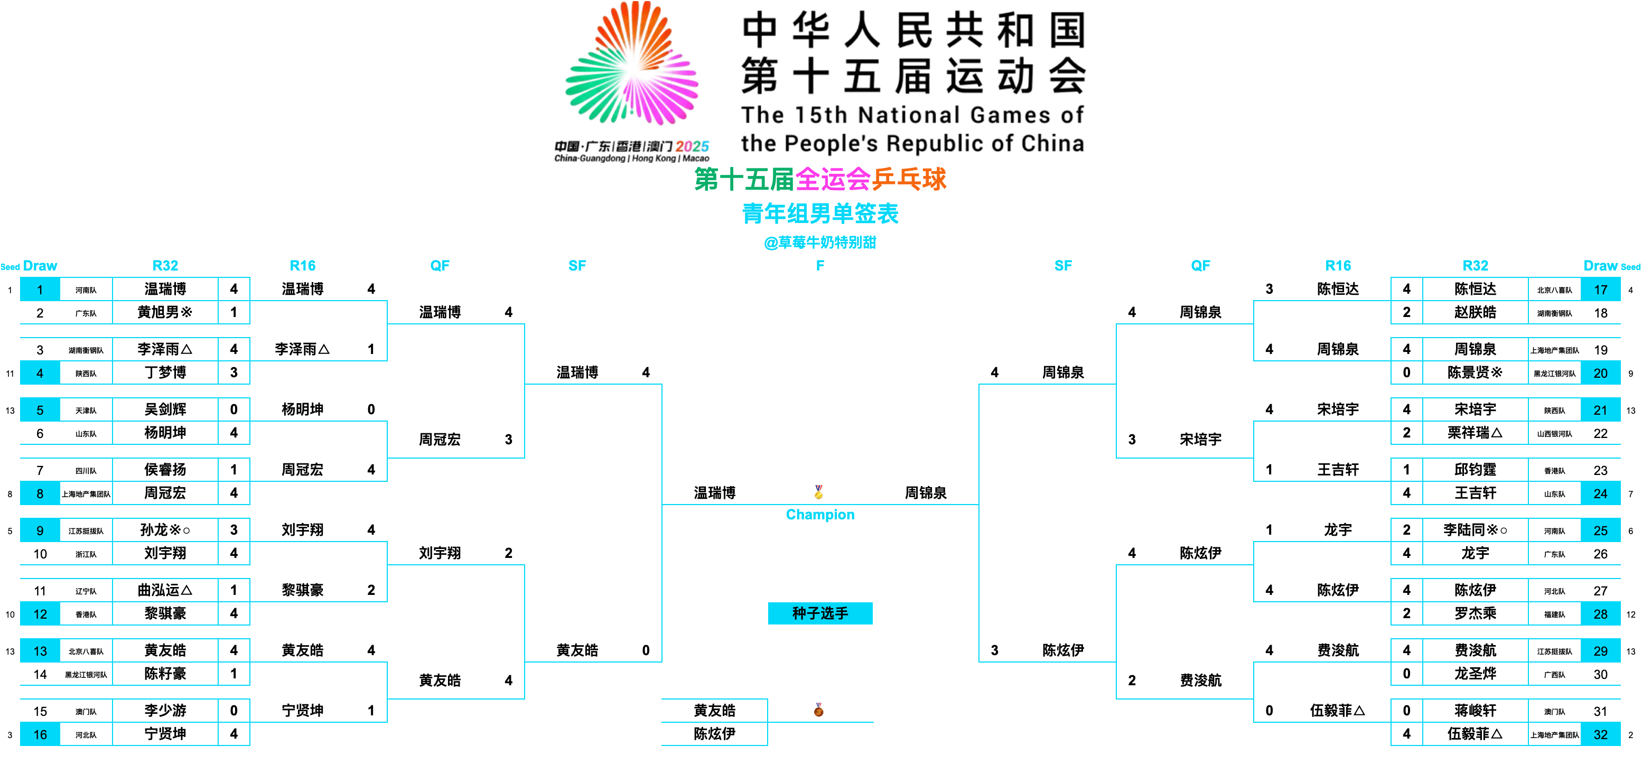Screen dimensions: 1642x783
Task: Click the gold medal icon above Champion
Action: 818,491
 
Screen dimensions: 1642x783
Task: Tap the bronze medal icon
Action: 818,710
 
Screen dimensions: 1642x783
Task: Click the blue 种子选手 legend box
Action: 820,613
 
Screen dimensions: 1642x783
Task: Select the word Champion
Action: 820,515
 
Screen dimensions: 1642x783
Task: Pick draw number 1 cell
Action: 40,290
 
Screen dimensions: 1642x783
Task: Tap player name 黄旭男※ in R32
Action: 165,312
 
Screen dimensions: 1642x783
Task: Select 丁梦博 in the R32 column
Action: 165,372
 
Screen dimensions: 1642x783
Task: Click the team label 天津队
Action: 86,411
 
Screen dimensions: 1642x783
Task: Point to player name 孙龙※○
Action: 165,530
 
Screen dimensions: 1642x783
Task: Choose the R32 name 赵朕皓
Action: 1475,312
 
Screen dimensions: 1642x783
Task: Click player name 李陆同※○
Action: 1475,530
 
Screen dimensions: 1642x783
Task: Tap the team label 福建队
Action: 1554,614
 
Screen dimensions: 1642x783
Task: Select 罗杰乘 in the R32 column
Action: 1475,613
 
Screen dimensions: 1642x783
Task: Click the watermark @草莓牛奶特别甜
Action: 820,243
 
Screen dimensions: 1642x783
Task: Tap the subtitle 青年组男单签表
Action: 820,213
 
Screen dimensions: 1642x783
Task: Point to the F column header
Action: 820,265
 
